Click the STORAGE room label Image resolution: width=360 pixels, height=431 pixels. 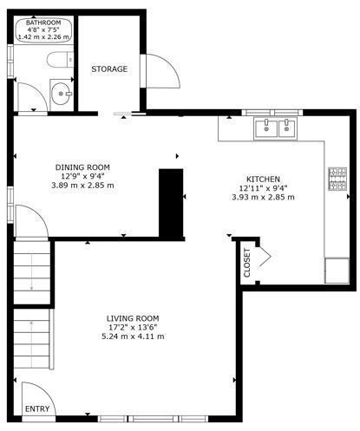tap(109, 69)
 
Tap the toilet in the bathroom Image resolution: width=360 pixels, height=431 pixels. tap(60, 60)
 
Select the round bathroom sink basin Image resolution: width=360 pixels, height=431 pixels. tap(60, 94)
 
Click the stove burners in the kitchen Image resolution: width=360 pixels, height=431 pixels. tap(337, 179)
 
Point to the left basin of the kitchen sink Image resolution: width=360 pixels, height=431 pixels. tap(265, 128)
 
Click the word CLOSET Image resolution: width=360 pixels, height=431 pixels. tap(247, 263)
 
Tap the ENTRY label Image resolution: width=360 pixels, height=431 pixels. tap(37, 409)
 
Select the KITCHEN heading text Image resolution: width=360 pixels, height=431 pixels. tap(263, 179)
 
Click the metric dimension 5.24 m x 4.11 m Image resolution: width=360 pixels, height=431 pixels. tap(133, 336)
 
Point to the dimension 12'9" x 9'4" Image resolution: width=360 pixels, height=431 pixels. tap(82, 176)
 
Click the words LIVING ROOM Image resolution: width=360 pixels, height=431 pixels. tap(133, 318)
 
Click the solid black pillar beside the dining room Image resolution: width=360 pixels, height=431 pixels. tap(171, 203)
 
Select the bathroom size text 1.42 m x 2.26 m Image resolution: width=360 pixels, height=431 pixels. tap(43, 37)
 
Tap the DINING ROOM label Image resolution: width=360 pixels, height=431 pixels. tap(82, 167)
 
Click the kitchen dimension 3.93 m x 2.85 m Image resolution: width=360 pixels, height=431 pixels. tap(263, 197)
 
